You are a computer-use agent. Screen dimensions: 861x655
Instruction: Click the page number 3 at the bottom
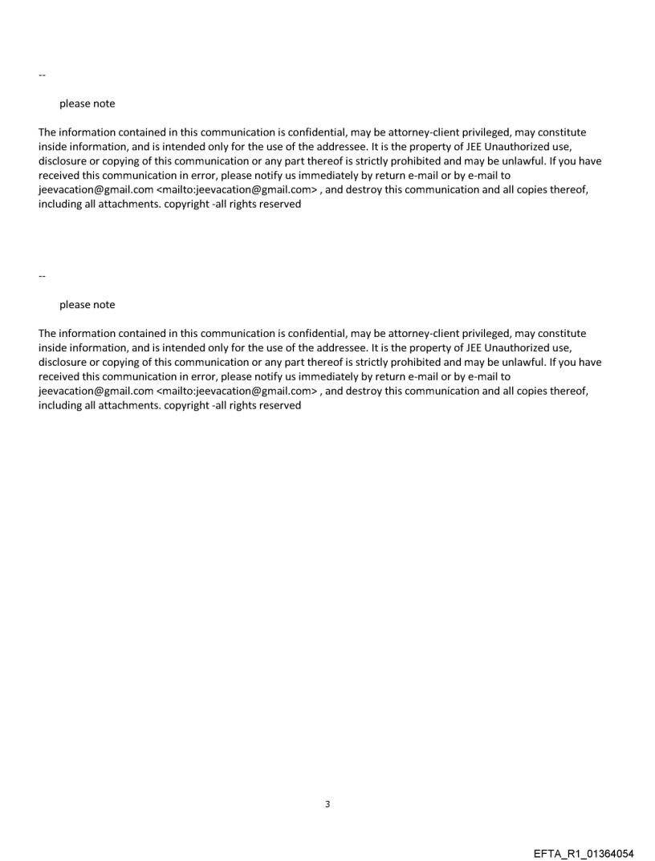coord(327,804)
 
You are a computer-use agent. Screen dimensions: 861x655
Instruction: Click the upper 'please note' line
coord(87,104)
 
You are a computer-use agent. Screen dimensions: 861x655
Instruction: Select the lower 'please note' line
coord(87,305)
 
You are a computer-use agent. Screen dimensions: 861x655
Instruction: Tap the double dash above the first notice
coord(42,75)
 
